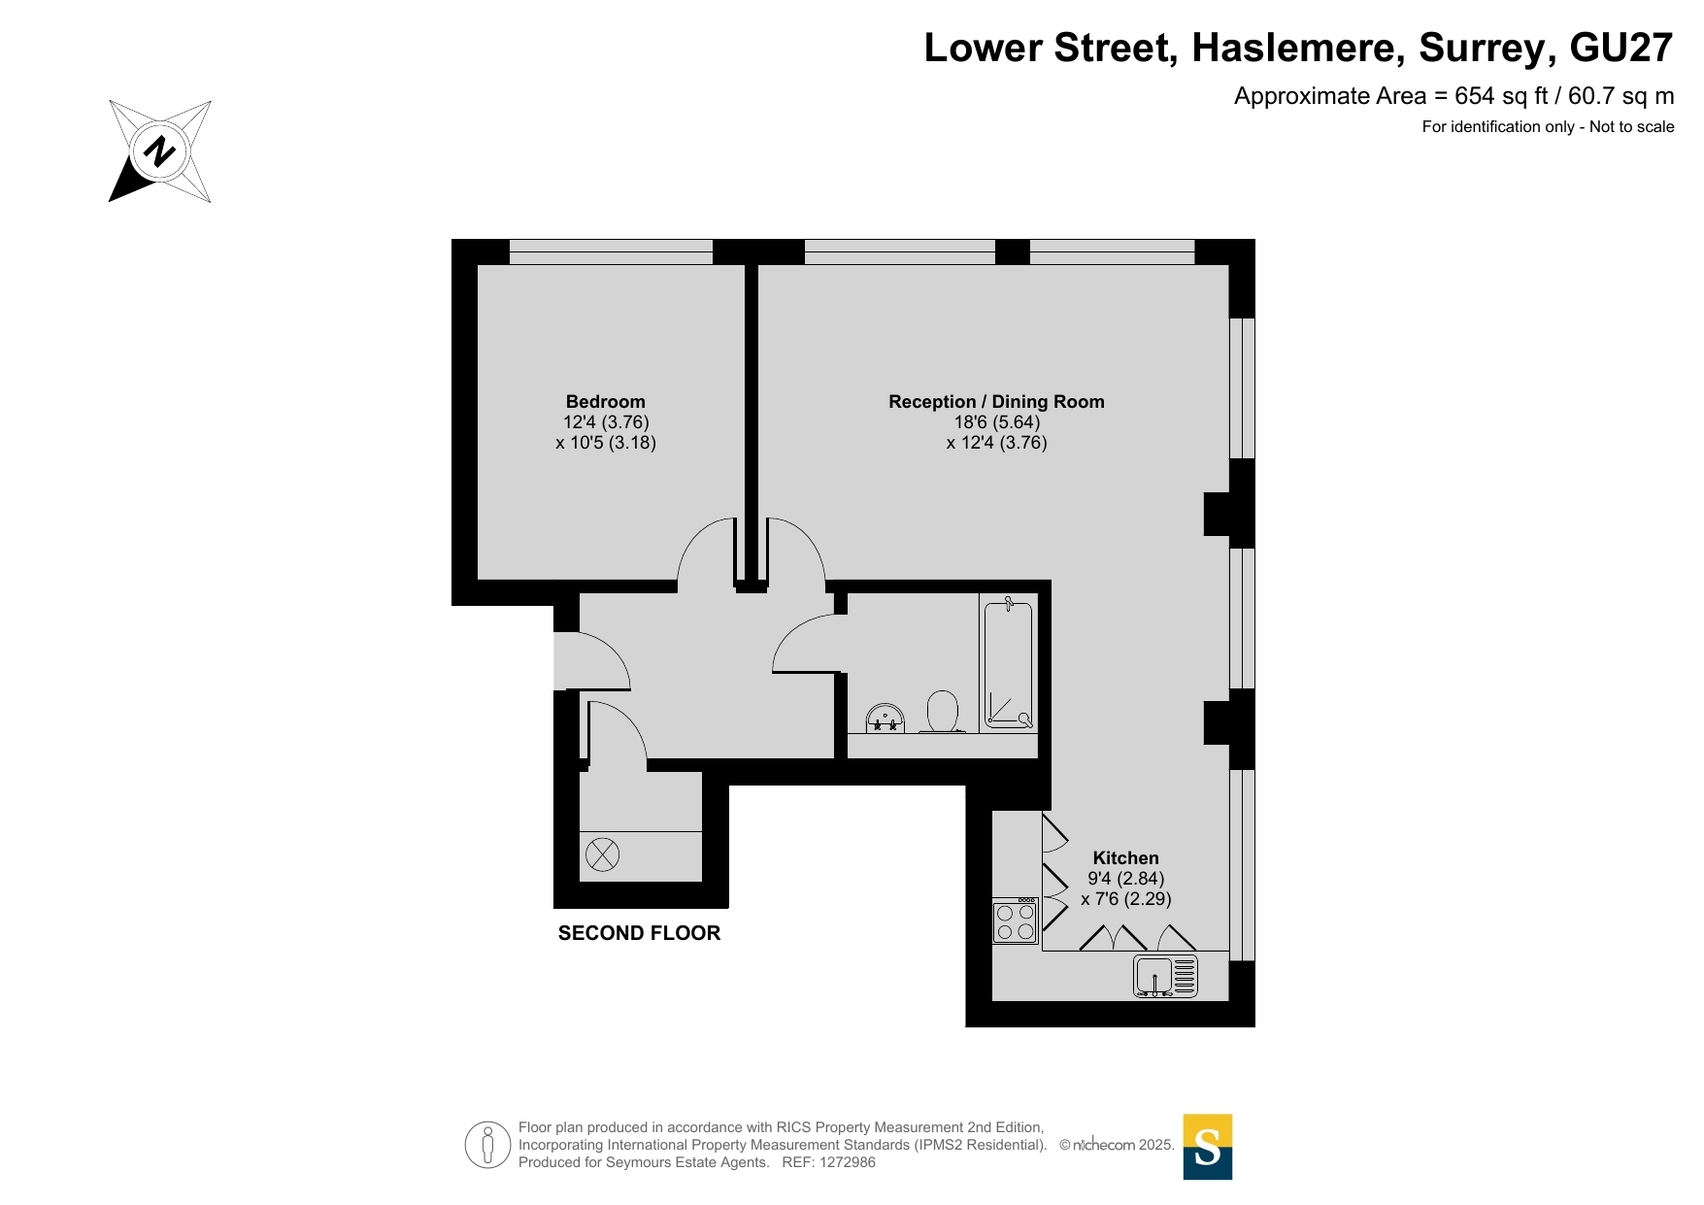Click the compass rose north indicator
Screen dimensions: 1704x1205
159,151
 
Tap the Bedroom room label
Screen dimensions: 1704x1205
606,402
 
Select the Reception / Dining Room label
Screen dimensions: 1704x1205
996,402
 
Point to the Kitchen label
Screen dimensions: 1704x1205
1126,858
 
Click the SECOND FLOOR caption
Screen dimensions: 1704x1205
639,933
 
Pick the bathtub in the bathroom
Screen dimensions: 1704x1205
1009,663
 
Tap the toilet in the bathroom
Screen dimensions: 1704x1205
943,712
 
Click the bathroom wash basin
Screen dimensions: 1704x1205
885,719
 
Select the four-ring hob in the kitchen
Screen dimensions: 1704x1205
1016,921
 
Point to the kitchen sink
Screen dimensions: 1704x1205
1165,976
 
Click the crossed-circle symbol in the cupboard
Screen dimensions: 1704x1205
602,855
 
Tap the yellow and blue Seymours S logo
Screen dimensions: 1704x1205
1208,1147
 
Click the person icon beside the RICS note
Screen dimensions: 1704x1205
487,1145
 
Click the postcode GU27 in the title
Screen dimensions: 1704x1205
1621,48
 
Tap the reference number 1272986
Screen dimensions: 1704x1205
848,1162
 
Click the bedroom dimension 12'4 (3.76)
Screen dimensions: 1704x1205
606,422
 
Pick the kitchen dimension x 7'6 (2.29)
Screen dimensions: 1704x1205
1126,899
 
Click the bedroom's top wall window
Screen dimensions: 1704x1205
611,251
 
